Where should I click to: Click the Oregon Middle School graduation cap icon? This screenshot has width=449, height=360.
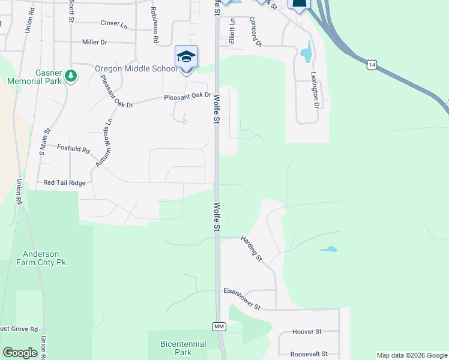pos(186,58)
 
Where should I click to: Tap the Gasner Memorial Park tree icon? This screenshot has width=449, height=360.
pos(71,76)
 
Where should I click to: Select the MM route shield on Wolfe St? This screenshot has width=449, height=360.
pos(218,326)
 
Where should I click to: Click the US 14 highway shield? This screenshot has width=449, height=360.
pos(373,64)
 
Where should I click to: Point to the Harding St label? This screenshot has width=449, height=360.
pos(252,248)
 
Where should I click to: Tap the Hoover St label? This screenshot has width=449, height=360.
pos(307,331)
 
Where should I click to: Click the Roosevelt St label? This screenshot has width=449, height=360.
pos(309,354)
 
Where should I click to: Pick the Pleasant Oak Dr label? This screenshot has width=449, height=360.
pos(188,96)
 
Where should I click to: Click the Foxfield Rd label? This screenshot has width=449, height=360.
pos(73,148)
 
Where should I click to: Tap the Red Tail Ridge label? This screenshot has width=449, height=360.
pos(65,182)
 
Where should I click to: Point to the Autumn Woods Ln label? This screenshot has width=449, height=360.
pos(103,142)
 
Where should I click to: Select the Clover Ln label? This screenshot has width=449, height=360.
pos(114,24)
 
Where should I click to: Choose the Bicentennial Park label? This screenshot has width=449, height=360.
pos(183,348)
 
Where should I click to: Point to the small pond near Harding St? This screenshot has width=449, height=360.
pos(328,249)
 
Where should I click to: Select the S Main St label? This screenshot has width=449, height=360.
pos(43,142)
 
